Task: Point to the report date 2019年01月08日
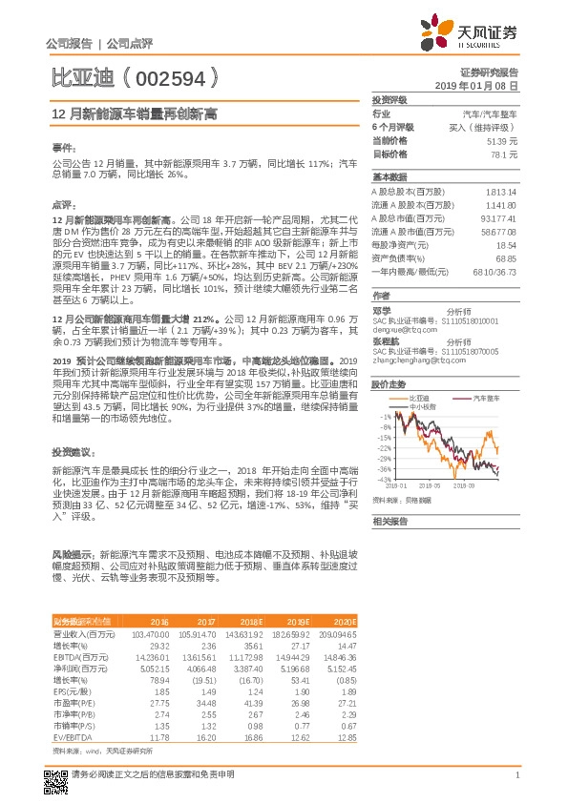tap(483, 85)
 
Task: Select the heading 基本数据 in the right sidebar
tap(389, 177)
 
